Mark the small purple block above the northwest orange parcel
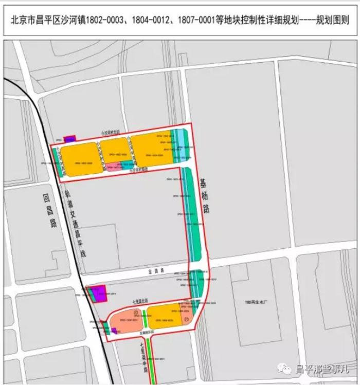(70, 138)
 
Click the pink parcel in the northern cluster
(114, 167)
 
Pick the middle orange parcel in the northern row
(114, 150)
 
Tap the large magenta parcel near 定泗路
(98, 292)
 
